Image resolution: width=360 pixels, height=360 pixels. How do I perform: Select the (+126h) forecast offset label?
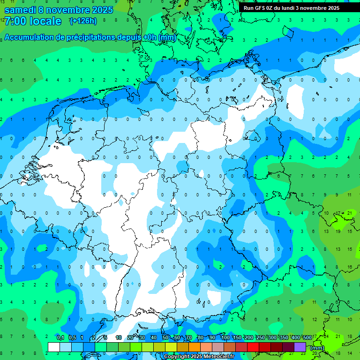coord(83,21)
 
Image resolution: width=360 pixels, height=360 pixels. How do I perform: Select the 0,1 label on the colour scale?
coord(60,337)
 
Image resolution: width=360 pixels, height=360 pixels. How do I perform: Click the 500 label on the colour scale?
coord(307,337)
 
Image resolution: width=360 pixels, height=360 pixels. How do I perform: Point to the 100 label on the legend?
coord(225,337)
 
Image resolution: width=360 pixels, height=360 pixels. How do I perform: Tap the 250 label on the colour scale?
coord(260,337)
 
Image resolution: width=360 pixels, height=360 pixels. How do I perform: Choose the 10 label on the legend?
coord(119,337)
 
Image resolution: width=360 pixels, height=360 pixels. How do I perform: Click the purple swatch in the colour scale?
coord(300,347)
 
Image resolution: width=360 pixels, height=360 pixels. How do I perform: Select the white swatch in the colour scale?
coord(54,347)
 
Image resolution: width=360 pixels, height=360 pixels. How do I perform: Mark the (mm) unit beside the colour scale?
coord(317,348)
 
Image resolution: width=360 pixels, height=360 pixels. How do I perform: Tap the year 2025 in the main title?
coord(99,10)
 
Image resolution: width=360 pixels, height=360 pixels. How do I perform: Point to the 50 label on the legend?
coord(165,337)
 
